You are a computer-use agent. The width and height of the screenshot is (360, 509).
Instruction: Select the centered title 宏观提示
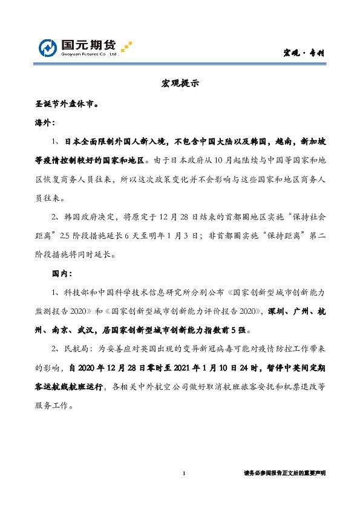(180, 84)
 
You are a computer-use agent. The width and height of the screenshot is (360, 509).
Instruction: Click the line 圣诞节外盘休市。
(67, 103)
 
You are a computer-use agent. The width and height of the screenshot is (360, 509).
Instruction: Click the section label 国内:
(62, 274)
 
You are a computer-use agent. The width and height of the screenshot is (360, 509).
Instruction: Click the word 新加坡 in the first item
(314, 141)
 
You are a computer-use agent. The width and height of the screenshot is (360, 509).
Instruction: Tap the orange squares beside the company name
(126, 47)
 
